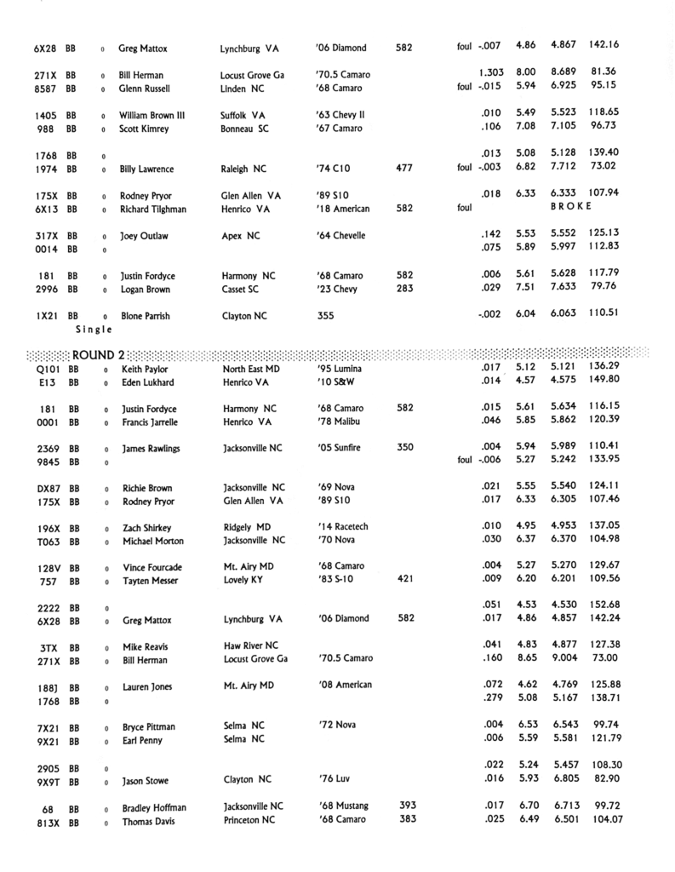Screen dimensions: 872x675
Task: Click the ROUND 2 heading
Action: (99, 354)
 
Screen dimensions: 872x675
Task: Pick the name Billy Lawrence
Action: (146, 169)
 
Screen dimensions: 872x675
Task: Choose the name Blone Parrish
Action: (145, 316)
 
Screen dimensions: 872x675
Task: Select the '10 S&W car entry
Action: (339, 384)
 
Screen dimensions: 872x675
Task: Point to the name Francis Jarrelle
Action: (151, 422)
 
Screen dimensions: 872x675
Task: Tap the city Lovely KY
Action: (243, 580)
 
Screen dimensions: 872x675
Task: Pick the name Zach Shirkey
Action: (146, 528)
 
